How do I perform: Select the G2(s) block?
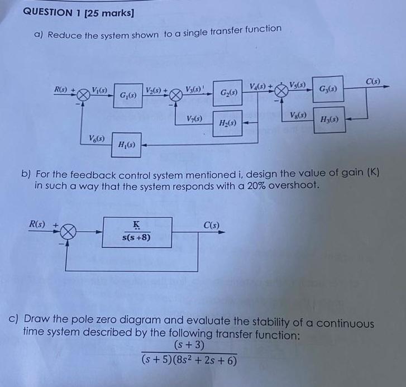(227, 95)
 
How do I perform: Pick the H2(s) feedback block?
(227, 123)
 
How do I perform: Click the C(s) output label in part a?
(373, 81)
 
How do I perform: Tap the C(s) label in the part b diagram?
(211, 226)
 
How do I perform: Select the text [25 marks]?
(115, 12)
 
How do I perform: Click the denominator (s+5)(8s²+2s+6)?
(189, 361)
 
